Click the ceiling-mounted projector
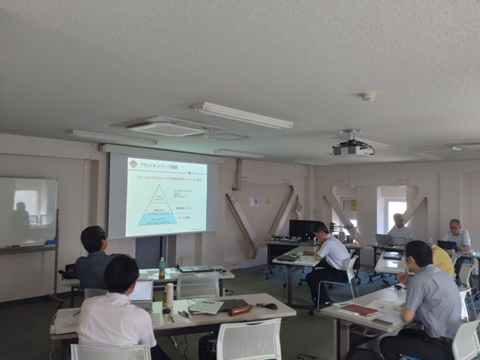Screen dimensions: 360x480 point(352,150)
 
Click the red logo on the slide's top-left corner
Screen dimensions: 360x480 point(133,164)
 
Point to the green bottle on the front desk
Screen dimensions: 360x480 point(162,268)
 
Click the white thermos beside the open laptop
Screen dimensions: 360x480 point(169,296)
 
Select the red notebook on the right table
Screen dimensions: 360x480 point(361,310)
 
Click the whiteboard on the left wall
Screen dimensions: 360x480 point(28,211)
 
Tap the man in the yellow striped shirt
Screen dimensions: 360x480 point(442,260)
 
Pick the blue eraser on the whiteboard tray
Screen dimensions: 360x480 point(51,242)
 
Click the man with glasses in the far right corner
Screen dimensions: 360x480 point(455,234)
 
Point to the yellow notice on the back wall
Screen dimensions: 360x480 point(268,202)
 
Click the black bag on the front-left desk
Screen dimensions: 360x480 point(69,271)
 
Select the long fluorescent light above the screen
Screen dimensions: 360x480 point(243,116)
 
